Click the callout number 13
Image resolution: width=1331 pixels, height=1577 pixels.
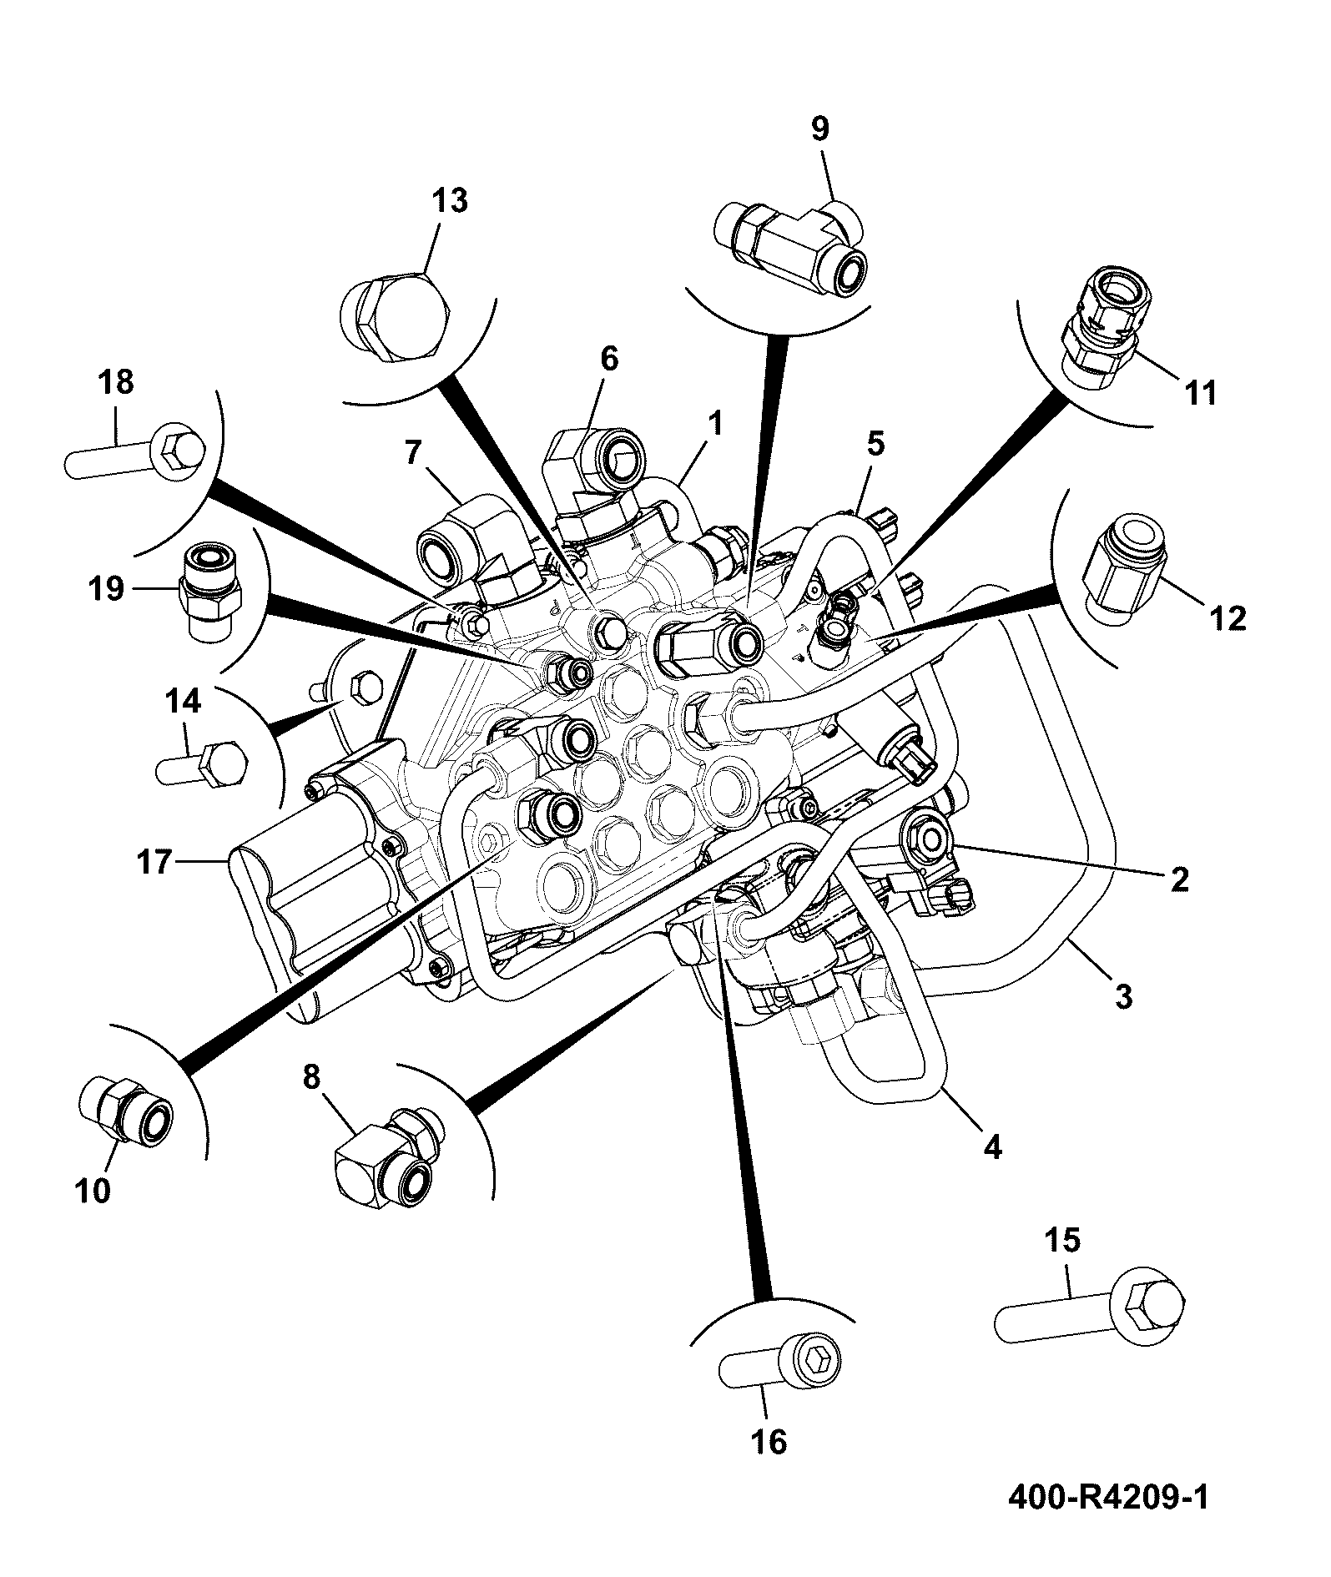point(450,201)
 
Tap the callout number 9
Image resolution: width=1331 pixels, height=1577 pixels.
point(820,129)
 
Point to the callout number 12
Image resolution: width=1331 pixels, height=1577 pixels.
point(1228,618)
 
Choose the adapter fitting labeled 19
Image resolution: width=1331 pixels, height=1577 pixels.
point(211,592)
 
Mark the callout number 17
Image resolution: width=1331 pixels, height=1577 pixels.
point(154,862)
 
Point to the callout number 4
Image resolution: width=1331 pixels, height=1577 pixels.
point(991,1147)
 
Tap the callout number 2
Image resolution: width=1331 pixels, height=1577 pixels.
point(1179,879)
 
